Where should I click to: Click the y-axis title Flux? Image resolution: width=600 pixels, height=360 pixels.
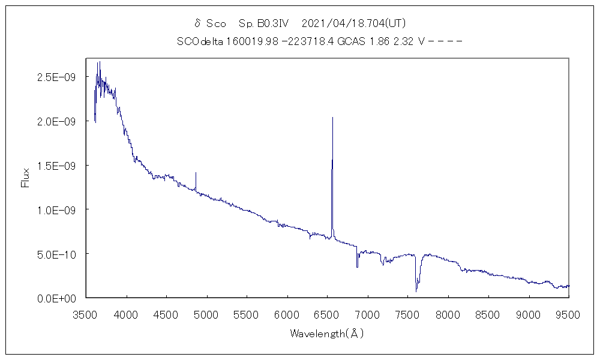(x=25, y=178)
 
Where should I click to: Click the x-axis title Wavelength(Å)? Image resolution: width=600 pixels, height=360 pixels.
(x=327, y=334)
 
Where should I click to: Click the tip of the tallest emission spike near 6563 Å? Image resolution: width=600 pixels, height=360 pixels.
(x=332, y=118)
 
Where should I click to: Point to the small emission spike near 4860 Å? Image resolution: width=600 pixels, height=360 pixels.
(x=196, y=173)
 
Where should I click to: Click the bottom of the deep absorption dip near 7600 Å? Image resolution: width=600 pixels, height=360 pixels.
(x=416, y=291)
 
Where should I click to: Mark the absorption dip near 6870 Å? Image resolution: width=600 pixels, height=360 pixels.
(x=357, y=266)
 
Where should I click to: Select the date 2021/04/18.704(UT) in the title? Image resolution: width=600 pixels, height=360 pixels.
(x=354, y=23)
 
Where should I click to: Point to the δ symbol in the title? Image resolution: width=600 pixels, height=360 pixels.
(x=197, y=23)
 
